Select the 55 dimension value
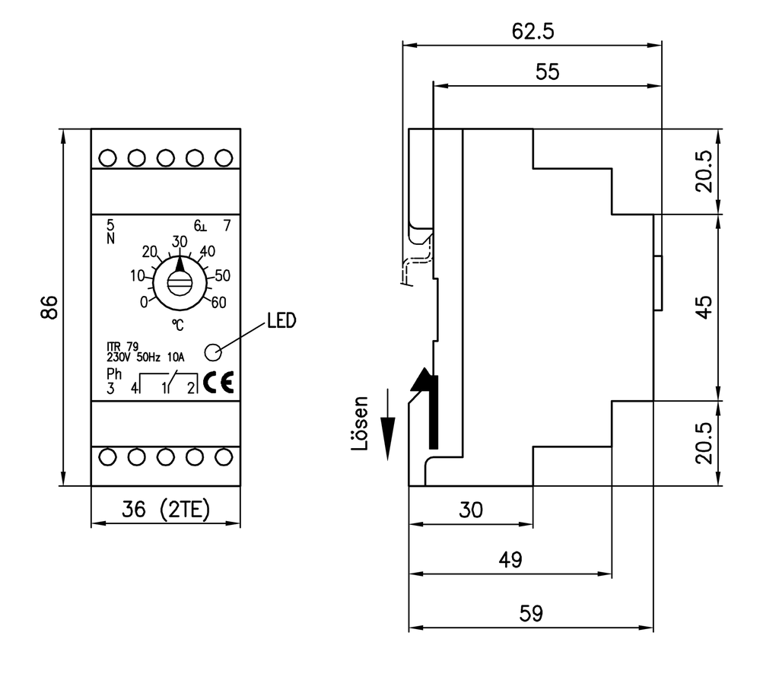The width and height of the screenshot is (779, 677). tap(546, 72)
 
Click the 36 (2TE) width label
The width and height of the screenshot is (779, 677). tap(165, 510)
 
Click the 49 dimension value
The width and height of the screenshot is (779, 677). tap(510, 561)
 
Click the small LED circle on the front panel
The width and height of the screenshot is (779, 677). tap(213, 351)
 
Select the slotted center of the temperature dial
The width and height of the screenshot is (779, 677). tap(180, 284)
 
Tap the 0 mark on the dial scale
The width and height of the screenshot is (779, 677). tap(144, 302)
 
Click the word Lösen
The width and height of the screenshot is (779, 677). tap(361, 424)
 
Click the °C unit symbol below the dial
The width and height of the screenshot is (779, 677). tap(177, 325)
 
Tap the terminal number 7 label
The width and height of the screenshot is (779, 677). tap(226, 225)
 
